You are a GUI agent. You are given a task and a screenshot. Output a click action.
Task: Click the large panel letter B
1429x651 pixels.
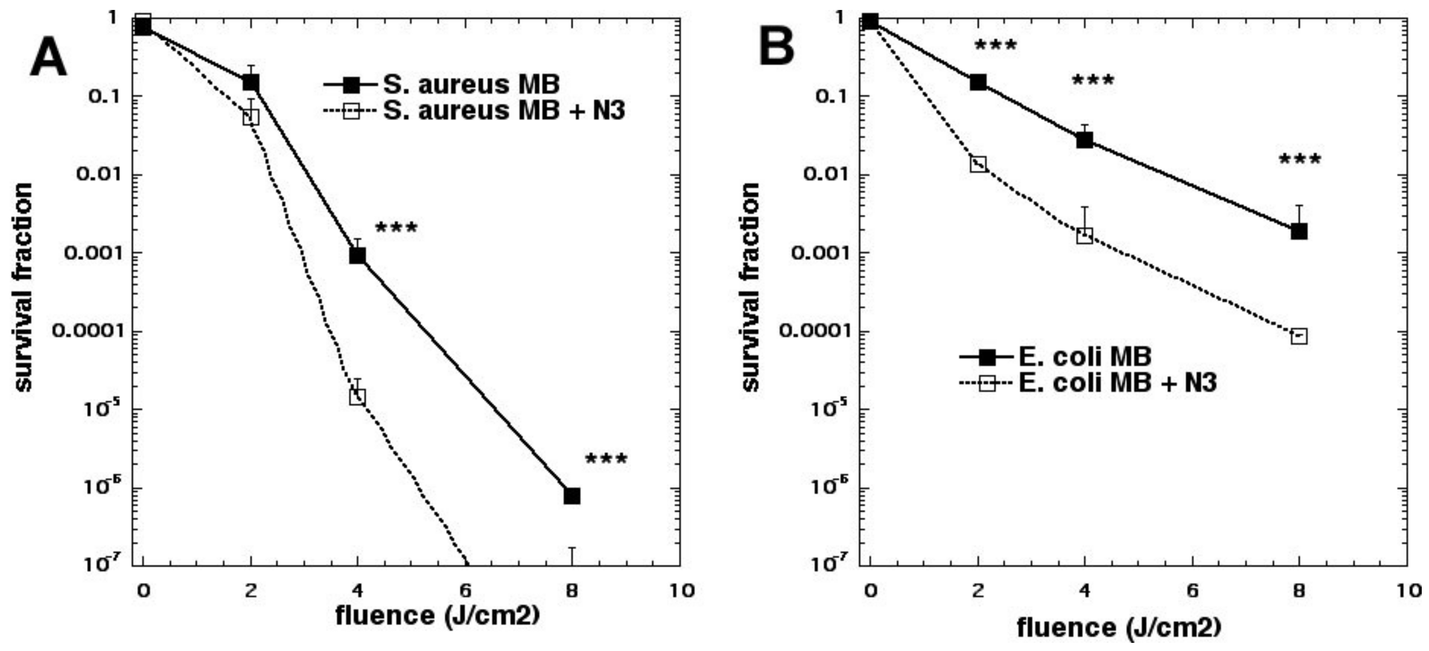[777, 48]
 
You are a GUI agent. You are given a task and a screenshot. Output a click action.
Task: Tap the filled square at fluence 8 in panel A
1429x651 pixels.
[572, 496]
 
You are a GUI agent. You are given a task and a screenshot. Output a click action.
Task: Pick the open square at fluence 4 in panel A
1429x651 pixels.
[358, 397]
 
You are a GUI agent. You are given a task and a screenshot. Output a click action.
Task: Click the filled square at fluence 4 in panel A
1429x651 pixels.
[358, 256]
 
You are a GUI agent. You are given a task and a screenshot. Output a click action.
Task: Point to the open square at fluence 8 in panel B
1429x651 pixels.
[1299, 336]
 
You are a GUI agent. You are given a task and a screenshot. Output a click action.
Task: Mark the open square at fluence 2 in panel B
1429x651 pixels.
[978, 164]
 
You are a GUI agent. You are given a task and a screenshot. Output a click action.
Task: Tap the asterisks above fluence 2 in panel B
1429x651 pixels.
[995, 45]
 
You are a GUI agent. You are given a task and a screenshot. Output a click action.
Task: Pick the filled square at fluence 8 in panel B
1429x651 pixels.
[1299, 231]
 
